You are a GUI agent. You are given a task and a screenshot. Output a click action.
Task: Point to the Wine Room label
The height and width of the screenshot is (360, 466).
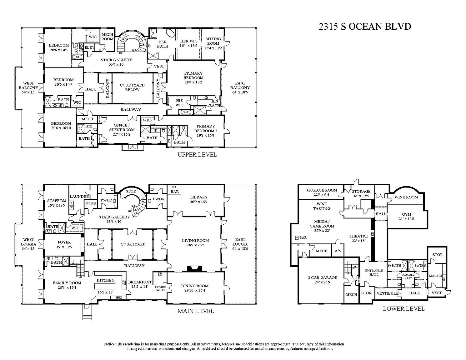tap(406, 197)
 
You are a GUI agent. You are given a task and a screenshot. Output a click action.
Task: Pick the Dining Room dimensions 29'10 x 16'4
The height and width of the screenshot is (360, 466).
tap(194, 291)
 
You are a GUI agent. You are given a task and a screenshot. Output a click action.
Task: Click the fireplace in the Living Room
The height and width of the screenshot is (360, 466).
tap(194, 269)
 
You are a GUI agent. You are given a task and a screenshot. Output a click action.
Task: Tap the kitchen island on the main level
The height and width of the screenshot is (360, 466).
tap(105, 286)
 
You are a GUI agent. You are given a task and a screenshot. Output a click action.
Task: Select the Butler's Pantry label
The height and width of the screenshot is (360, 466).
tap(160, 288)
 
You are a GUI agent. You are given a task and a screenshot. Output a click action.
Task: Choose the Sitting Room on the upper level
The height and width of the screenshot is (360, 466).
tap(213, 44)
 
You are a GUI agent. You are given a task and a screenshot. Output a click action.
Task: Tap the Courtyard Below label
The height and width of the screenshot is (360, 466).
tap(132, 87)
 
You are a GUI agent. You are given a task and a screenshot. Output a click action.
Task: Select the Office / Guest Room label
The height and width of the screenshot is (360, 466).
tap(121, 127)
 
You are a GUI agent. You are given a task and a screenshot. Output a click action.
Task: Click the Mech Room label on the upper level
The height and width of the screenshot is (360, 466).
tap(107, 37)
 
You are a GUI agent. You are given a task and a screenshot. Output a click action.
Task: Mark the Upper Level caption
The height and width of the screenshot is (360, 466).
tap(197, 155)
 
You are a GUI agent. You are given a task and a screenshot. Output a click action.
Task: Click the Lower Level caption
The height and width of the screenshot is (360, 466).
tap(404, 308)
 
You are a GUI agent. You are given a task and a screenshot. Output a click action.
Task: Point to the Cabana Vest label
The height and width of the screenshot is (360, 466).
tap(408, 277)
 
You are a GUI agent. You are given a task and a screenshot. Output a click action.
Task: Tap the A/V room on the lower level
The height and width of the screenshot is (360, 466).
tap(338, 251)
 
